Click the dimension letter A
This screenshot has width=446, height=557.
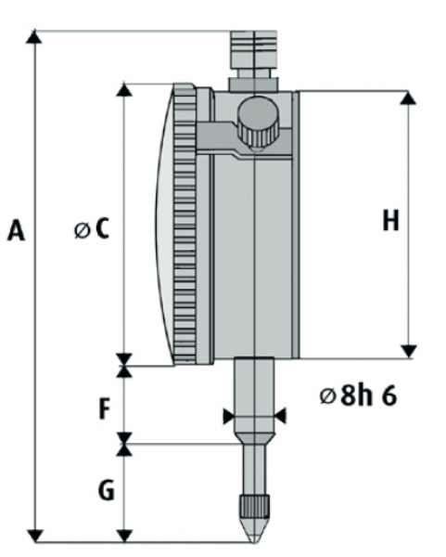tap(17, 230)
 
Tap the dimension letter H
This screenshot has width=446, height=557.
tap(391, 220)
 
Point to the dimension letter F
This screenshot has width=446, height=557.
tap(104, 408)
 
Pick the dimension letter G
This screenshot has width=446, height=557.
tap(106, 490)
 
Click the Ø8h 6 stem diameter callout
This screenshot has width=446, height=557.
tap(358, 395)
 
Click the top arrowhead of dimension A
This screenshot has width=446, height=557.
tap(34, 36)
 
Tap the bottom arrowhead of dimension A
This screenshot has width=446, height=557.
tap(35, 536)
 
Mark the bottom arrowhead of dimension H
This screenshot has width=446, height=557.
tap(409, 351)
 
